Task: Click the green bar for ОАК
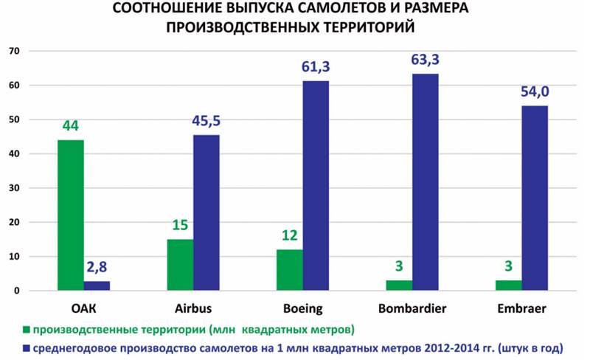click(x=71, y=215)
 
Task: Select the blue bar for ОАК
click(x=97, y=285)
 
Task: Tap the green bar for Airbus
click(x=180, y=265)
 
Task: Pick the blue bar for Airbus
click(x=206, y=212)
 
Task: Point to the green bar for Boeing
click(x=290, y=270)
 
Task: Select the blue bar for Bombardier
click(x=426, y=182)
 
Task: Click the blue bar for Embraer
click(x=535, y=198)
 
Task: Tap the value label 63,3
click(x=426, y=60)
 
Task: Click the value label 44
click(x=71, y=127)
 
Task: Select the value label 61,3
click(x=316, y=67)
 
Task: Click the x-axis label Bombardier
click(x=412, y=309)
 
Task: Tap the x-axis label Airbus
click(x=192, y=309)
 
